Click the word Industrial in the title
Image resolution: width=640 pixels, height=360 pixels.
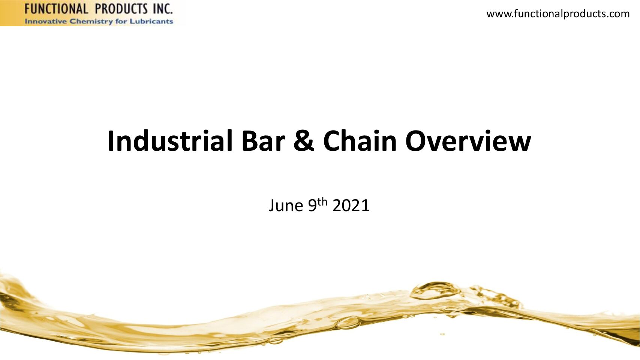click(170, 141)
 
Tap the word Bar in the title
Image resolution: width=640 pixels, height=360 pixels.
click(264, 141)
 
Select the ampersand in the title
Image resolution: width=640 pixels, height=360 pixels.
click(304, 141)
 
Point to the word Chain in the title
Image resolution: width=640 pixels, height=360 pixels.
click(360, 141)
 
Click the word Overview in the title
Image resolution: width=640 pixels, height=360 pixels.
click(468, 141)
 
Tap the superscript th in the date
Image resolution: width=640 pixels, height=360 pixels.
click(322, 202)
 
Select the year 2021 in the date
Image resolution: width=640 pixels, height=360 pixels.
click(351, 205)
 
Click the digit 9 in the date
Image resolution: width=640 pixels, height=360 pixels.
click(313, 205)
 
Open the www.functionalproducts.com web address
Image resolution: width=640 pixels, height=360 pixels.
click(558, 14)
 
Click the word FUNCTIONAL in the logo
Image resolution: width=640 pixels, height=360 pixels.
click(56, 9)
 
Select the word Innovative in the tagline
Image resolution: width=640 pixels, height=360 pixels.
click(46, 21)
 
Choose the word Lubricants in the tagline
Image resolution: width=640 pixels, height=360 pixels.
click(151, 21)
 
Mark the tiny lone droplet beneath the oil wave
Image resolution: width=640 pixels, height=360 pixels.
click(442, 334)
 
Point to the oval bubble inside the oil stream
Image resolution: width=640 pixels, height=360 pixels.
click(348, 323)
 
